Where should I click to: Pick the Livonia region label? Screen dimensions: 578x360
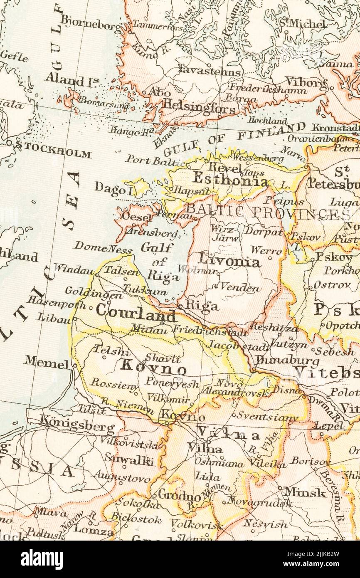pyautogui.click(x=229, y=261)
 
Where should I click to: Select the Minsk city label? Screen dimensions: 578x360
pyautogui.click(x=305, y=492)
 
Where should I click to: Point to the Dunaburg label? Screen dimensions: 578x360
pyautogui.click(x=287, y=360)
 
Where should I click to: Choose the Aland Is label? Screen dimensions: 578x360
pyautogui.click(x=71, y=79)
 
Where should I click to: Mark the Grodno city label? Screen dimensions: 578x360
pyautogui.click(x=179, y=496)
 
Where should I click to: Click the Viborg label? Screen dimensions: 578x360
pyautogui.click(x=306, y=82)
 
